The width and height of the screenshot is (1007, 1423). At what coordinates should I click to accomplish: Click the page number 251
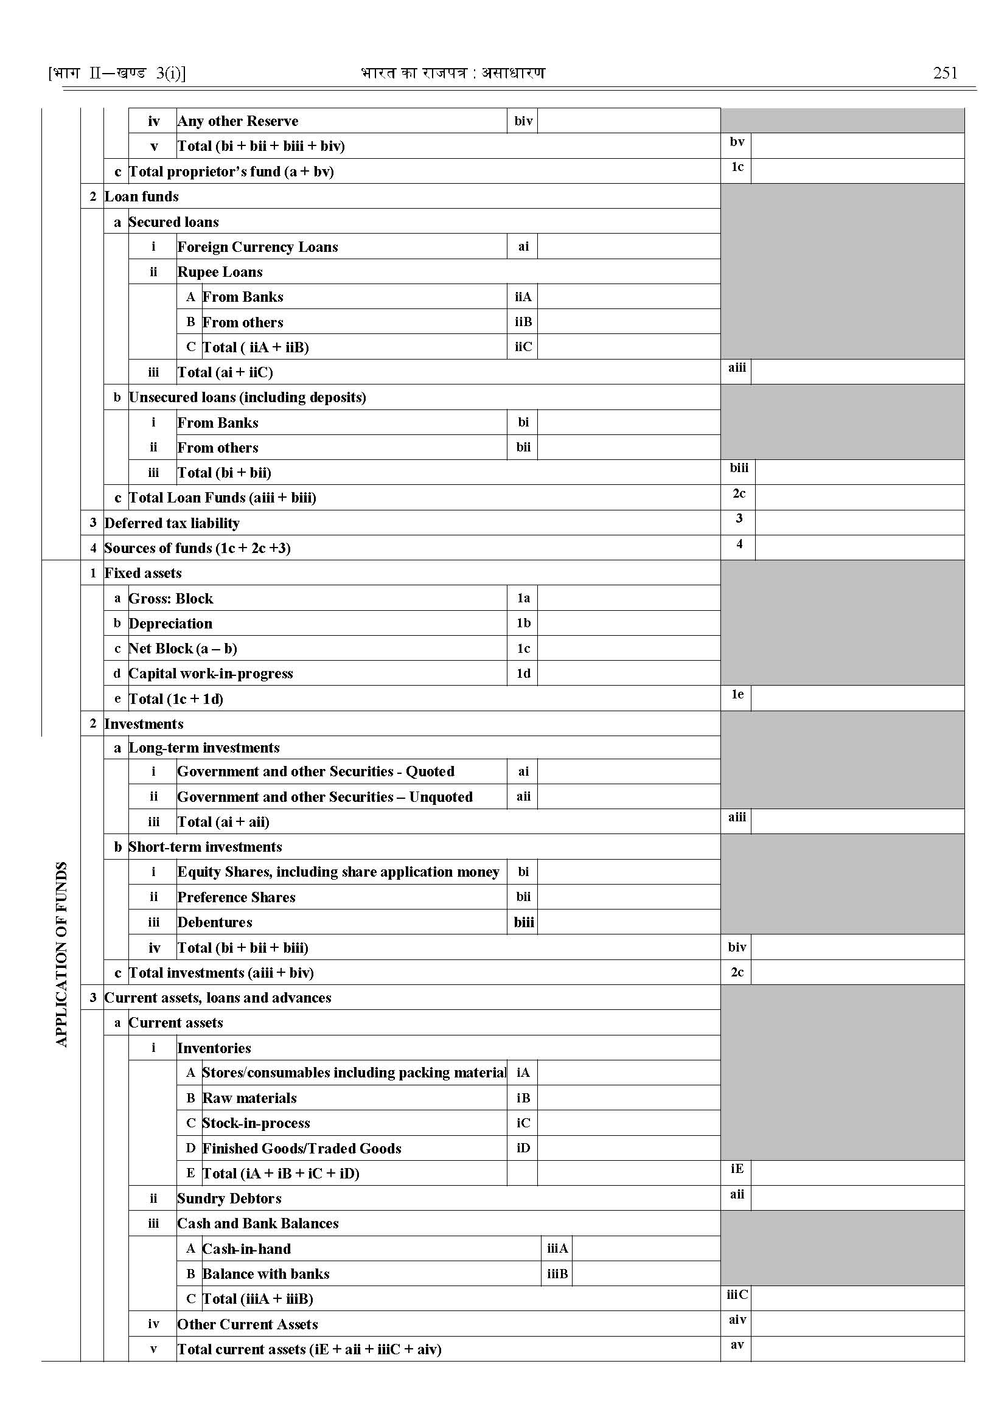(945, 73)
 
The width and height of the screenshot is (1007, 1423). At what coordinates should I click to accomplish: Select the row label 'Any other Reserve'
(238, 121)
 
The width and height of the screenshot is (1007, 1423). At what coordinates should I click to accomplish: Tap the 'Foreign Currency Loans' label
(258, 247)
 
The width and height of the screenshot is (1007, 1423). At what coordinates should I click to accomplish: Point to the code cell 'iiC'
(523, 347)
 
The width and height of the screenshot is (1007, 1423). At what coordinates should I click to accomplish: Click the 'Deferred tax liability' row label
(172, 523)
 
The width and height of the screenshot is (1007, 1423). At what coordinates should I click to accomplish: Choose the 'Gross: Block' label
(171, 599)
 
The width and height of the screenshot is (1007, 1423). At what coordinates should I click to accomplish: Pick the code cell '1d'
(523, 673)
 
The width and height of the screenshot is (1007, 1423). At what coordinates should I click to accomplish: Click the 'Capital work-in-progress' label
(211, 673)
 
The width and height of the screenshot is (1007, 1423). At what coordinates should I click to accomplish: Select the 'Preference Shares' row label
(236, 897)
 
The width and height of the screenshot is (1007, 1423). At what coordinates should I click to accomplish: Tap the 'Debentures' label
(215, 922)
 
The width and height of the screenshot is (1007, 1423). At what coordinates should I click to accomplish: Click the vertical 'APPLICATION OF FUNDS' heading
(61, 955)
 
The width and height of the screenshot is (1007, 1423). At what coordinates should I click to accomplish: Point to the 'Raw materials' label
(249, 1098)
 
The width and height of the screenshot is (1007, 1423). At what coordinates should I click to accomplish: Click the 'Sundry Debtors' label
(229, 1199)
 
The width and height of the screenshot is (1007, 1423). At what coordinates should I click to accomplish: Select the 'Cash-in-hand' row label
(246, 1249)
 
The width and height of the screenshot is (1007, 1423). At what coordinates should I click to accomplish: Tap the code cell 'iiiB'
(557, 1273)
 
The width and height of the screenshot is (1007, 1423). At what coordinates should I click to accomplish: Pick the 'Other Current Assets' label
(248, 1324)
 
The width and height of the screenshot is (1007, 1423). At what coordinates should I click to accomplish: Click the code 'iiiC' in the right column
(737, 1295)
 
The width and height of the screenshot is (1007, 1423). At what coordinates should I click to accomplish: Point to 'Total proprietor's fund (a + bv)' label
(231, 172)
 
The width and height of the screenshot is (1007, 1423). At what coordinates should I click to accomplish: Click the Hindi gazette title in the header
(453, 73)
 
